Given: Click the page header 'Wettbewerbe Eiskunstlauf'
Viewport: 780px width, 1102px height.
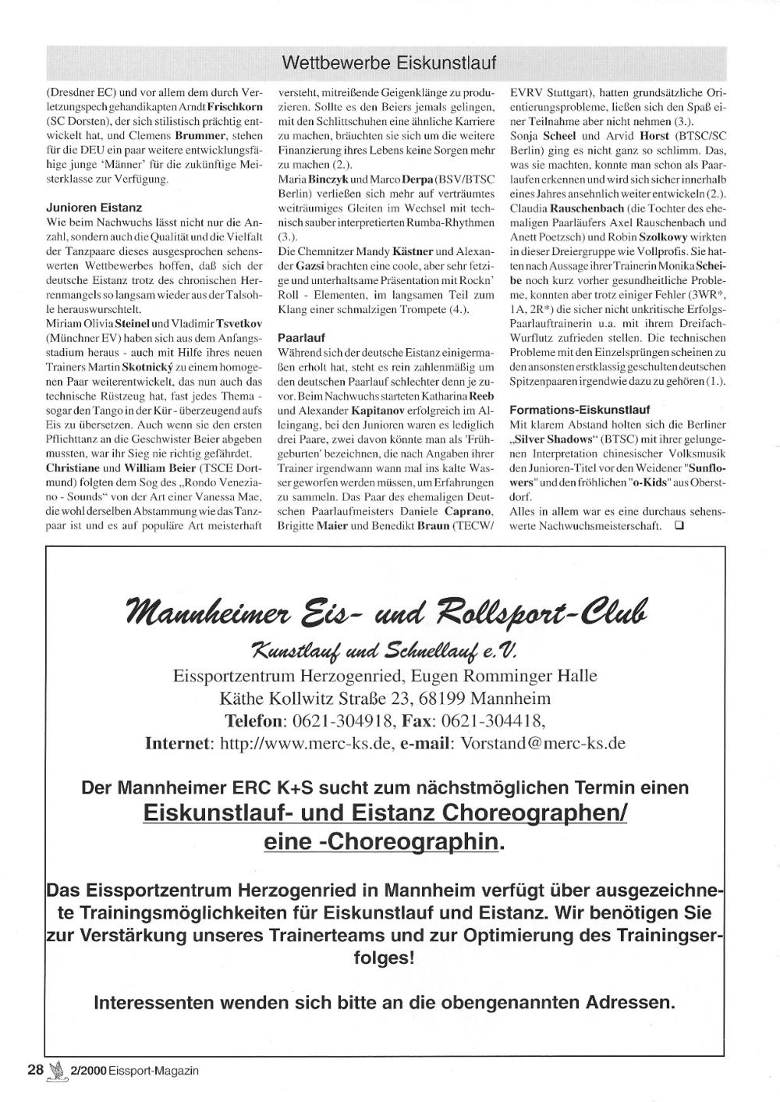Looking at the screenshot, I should [388, 62].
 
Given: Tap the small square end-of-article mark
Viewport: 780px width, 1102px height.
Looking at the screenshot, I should [679, 525].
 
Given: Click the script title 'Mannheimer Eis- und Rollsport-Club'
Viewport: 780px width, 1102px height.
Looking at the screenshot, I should [388, 610].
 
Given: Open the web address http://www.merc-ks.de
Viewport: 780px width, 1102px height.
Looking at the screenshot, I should [305, 743].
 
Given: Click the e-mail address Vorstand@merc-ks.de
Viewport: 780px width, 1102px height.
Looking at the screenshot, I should [543, 743].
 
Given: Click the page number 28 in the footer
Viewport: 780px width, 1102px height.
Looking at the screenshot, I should [35, 1070].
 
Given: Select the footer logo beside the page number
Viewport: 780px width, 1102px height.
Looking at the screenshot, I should [57, 1072].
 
